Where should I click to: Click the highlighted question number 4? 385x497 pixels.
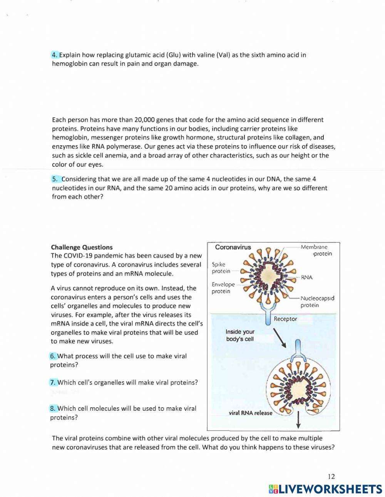point(55,55)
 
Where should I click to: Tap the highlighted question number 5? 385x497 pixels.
point(56,179)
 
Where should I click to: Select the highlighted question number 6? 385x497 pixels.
point(53,356)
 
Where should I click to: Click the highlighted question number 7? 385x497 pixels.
point(53,383)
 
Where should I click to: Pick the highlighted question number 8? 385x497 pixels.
point(53,408)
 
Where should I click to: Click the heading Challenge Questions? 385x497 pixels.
point(82,247)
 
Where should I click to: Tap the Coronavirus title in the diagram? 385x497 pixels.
point(233,247)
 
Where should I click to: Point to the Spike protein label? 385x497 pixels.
point(221,268)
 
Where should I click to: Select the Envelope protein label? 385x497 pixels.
point(223,288)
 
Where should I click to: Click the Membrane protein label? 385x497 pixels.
point(316,250)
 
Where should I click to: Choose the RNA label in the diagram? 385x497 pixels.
point(306,277)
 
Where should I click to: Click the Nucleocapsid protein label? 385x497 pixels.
point(317,302)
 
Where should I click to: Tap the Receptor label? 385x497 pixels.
point(285,319)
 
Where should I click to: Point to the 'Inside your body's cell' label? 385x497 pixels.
point(240,335)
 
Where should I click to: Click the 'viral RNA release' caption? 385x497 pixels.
point(250,413)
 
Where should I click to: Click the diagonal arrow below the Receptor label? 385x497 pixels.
point(280,338)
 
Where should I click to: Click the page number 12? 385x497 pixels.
point(331,477)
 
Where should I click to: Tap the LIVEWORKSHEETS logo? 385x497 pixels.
point(325,489)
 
